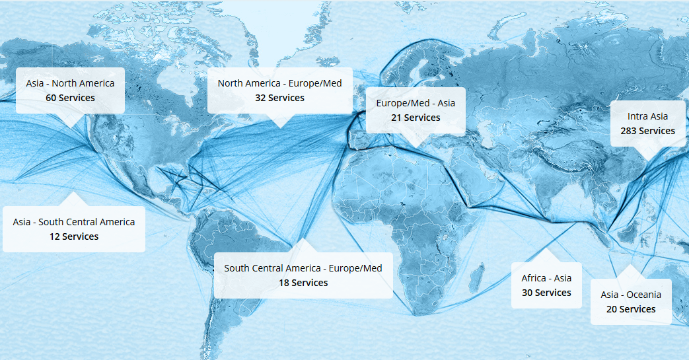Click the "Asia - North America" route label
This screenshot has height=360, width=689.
click(70, 83)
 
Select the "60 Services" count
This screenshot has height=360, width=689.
click(70, 98)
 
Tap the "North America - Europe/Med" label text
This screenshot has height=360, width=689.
click(279, 83)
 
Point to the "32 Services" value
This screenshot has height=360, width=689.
click(279, 98)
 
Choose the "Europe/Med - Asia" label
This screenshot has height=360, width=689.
click(416, 103)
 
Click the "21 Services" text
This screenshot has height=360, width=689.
click(416, 118)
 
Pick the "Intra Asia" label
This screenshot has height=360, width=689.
click(647, 116)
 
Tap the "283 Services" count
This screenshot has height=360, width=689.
click(647, 131)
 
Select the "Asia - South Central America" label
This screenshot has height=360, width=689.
click(74, 222)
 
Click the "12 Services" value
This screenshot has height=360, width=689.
click(74, 236)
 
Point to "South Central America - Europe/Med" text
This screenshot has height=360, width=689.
click(303, 268)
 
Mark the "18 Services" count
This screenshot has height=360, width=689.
click(303, 283)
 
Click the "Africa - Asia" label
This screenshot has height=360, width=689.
click(546, 278)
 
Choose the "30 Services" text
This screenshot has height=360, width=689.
click(546, 293)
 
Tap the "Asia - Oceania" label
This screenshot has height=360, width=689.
click(631, 295)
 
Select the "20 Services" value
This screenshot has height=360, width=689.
click(631, 309)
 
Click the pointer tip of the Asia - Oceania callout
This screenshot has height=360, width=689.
click(631, 266)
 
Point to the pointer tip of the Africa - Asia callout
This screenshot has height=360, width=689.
click(546, 249)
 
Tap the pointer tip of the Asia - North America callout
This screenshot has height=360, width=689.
click(70, 126)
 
